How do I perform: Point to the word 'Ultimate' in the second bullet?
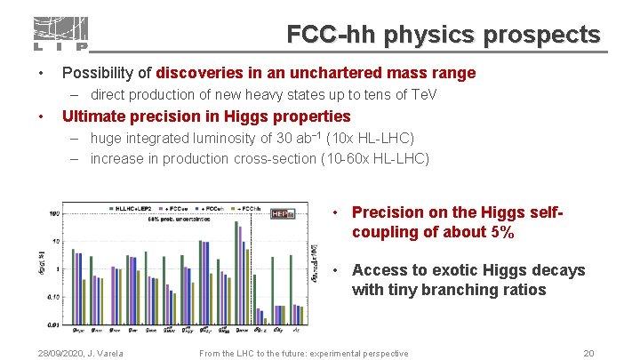coord(97,116)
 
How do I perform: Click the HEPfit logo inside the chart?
coord(284,213)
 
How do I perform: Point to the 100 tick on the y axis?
coord(54,214)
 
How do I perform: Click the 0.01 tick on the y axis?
coord(54,324)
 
